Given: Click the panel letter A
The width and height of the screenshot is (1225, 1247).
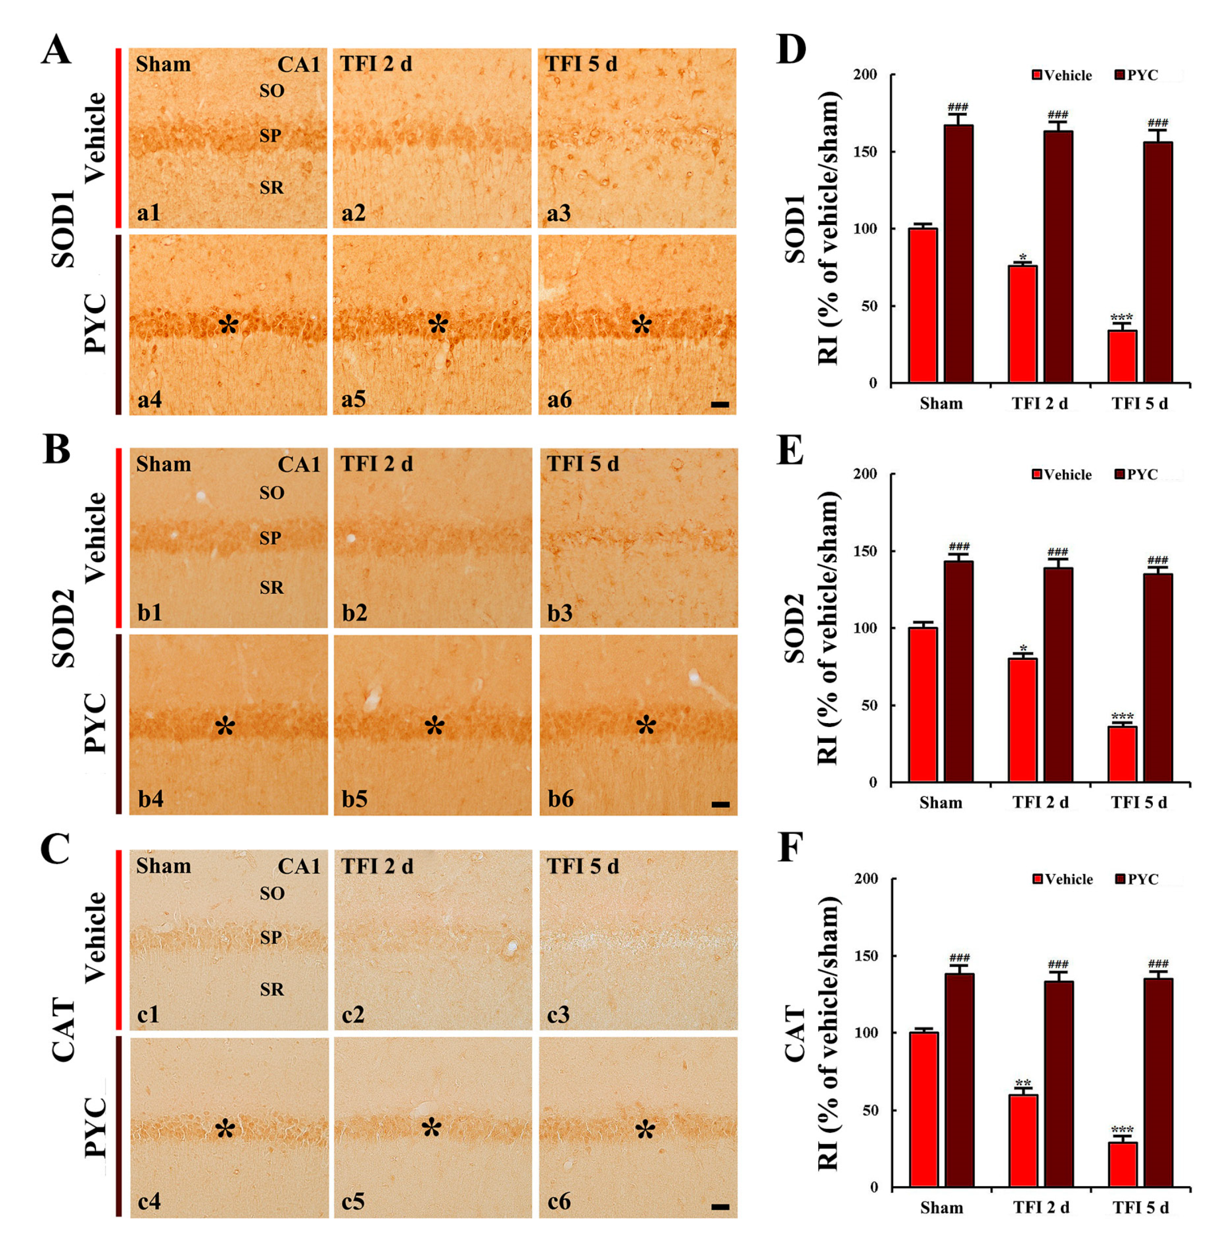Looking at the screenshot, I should pos(56,50).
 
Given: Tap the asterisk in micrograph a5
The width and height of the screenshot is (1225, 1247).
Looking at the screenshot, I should pos(438,325).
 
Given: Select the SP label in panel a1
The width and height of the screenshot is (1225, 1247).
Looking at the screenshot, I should pos(270,136).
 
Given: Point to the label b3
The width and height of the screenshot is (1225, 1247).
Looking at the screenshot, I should pos(559,613).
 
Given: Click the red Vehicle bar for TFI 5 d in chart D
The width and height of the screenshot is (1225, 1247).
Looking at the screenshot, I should pos(1122,356).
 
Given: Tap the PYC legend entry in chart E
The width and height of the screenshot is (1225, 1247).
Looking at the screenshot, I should pos(1136,475).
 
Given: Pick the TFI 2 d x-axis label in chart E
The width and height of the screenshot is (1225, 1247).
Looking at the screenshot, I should pos(1041,803).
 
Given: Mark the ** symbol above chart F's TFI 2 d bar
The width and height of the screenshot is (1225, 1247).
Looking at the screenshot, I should pos(1023,1083).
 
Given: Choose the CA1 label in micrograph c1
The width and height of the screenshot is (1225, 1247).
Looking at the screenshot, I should pos(298,867).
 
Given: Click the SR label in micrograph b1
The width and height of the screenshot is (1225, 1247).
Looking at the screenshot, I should pos(271,588).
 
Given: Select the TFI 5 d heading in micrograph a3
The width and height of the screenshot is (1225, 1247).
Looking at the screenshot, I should pos(581,64).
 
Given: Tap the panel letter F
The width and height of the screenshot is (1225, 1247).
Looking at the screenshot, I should pos(790,848).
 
